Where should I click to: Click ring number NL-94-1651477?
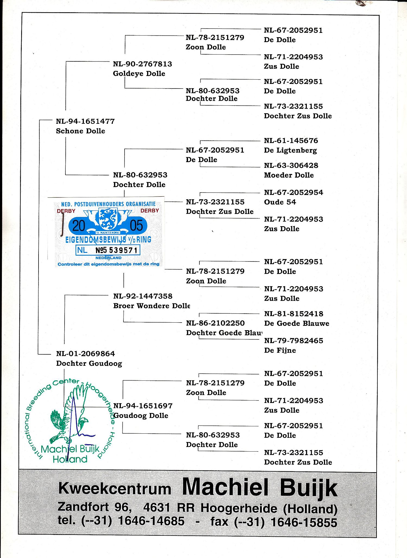85,121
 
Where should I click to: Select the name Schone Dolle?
80,131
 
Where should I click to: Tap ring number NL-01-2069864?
85,354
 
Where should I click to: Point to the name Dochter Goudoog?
89,363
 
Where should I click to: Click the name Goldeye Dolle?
139,74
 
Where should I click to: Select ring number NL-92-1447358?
143,296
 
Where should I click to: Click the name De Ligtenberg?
290,150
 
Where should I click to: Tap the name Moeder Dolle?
289,175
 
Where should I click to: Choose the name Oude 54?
280,202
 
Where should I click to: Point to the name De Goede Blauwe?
297,323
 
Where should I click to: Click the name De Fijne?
280,350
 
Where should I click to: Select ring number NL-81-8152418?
294,314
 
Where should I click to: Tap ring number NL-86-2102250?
215,323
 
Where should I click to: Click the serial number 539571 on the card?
123,250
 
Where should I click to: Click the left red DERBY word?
66,211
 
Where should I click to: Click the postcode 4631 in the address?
157,507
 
